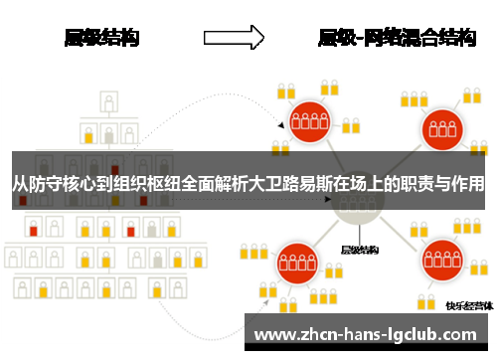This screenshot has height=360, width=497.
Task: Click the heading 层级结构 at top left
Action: pyautogui.click(x=101, y=38)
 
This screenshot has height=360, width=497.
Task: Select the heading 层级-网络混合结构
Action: pyautogui.click(x=396, y=38)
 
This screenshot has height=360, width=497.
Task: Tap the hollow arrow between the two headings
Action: pyautogui.click(x=233, y=38)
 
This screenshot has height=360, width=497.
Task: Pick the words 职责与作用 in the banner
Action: pyautogui.click(x=443, y=183)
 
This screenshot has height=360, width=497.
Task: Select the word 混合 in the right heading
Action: pyautogui.click(x=422, y=38)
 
